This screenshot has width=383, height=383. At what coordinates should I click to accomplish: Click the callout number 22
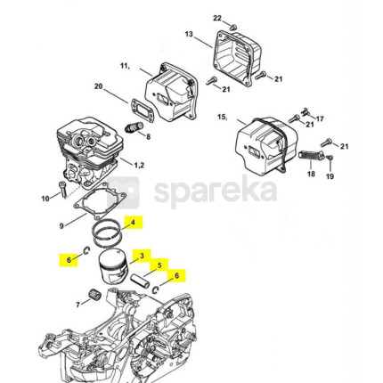(217, 18)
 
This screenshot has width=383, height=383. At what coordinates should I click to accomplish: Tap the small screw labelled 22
(233, 27)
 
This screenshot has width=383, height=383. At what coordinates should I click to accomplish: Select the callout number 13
(189, 34)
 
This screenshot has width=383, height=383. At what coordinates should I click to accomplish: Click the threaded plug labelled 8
(134, 127)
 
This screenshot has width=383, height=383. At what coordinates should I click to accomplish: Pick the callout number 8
(148, 136)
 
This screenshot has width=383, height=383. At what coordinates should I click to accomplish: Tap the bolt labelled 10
(63, 190)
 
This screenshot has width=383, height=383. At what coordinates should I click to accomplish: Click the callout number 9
(61, 226)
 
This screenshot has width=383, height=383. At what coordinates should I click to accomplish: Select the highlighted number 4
(133, 223)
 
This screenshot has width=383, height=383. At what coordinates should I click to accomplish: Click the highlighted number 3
(142, 256)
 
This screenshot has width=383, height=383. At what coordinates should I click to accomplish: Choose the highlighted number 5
(159, 265)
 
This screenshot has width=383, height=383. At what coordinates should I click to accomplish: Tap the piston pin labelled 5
(139, 280)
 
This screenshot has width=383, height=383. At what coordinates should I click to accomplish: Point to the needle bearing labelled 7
(95, 296)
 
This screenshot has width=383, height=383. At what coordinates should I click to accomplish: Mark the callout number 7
(78, 305)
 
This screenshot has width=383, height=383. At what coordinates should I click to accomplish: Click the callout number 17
(320, 118)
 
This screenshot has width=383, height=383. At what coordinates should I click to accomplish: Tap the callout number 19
(330, 176)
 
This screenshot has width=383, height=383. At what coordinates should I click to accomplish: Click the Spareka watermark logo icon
(123, 192)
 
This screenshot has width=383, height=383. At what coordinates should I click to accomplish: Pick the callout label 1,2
(139, 165)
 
